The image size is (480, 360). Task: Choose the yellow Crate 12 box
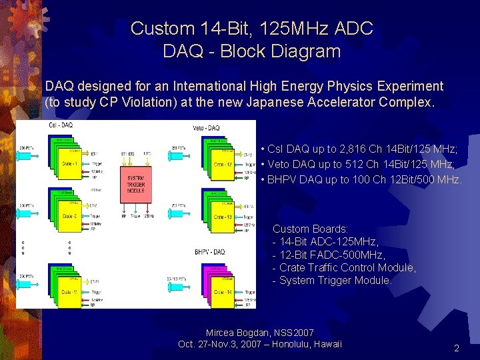point(223,164)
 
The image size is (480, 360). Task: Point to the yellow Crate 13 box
point(223,217)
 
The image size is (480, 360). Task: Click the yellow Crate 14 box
point(223,293)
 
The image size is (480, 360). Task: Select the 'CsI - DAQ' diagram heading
point(61,125)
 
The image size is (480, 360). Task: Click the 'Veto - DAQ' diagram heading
point(205,127)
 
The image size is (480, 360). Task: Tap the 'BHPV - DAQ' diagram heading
point(209,251)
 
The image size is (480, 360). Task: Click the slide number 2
point(457,348)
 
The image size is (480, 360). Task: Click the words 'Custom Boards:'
point(311,229)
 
